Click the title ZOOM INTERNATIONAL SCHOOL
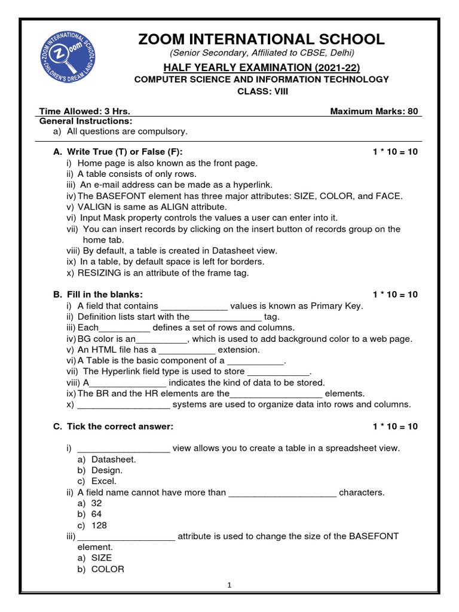point(262,39)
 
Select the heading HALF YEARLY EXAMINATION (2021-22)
point(262,68)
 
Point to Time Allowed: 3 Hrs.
point(85,111)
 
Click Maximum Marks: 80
point(374,111)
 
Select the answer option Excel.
point(104,481)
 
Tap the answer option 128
point(100,525)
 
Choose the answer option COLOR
point(108,569)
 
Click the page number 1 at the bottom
point(229,586)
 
